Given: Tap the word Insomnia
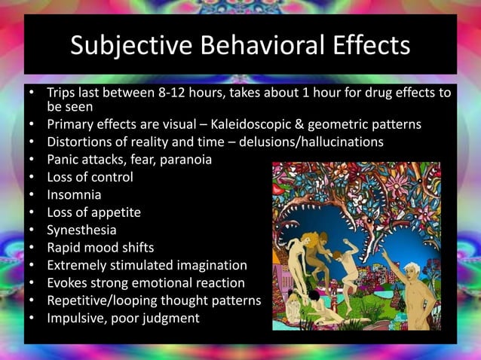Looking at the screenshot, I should click(74, 195).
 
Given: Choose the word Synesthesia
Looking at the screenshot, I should click(82, 230).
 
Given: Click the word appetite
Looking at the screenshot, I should click(115, 212).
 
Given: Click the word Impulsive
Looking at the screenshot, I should click(76, 318).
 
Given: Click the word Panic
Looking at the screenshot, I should click(63, 160).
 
